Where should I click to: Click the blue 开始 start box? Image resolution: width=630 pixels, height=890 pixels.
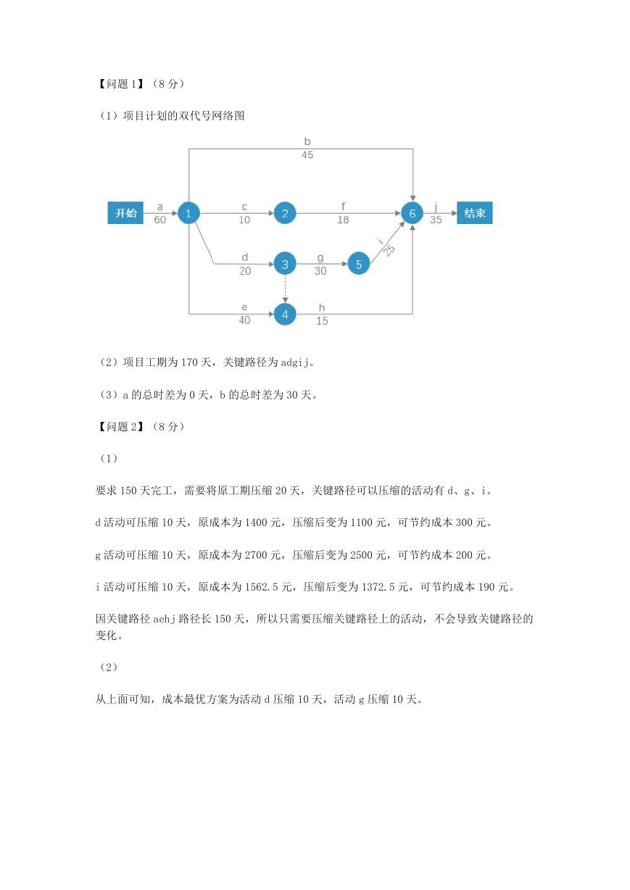[x=125, y=213]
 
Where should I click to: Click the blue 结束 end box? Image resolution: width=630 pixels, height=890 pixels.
[x=475, y=213]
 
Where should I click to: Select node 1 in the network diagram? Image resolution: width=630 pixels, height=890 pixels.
[x=188, y=213]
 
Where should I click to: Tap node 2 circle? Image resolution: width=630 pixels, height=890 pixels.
[x=285, y=213]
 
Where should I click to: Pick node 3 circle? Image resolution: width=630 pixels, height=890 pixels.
[x=285, y=264]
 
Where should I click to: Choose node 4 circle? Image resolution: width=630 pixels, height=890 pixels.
[x=285, y=315]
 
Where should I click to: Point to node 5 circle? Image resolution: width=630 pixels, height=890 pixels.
[x=359, y=264]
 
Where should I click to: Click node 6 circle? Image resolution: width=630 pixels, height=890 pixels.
[x=413, y=213]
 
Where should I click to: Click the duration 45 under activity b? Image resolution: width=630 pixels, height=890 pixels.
[x=307, y=154]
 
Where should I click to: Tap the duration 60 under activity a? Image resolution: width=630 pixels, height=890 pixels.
[x=159, y=220]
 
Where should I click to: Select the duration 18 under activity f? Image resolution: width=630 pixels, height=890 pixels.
[x=343, y=220]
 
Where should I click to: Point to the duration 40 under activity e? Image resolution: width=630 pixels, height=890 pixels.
[x=244, y=320]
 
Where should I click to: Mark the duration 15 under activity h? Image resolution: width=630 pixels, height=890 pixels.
[x=322, y=320]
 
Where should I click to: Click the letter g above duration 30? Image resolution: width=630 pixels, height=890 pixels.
[x=320, y=258]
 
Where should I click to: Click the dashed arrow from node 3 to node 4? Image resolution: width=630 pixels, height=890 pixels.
[x=285, y=289]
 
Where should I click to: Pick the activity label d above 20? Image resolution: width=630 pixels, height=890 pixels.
[x=245, y=257]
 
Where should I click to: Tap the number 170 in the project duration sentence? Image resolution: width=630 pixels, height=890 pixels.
[x=189, y=362]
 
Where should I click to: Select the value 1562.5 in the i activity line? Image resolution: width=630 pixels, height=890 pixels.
[x=261, y=587]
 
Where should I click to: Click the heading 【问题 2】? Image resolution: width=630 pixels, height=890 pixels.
[x=120, y=427]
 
